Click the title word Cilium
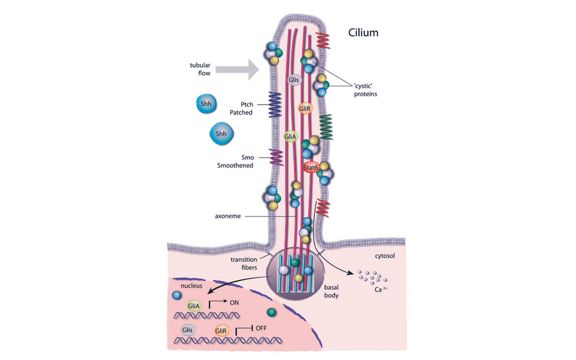point(363,33)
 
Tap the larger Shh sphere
point(221,134)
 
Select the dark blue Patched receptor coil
point(274,105)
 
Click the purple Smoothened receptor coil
point(275,157)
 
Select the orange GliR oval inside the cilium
point(305,108)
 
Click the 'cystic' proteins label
point(365,90)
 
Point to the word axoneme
point(228,216)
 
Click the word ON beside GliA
point(234,303)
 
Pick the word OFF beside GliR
point(261,328)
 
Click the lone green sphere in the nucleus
point(271,312)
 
